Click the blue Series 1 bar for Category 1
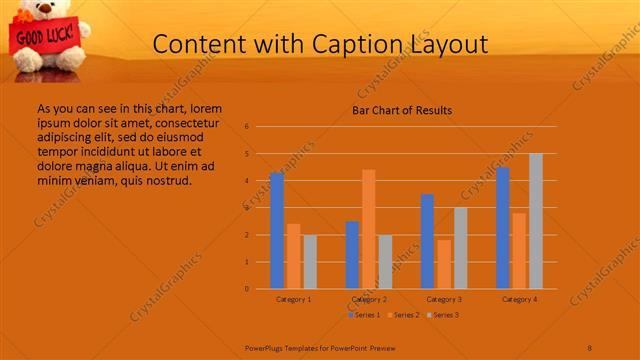pos(277,231)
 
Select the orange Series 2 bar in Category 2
pos(368,229)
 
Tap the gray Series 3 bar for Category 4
pos(536,221)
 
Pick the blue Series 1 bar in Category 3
pos(427,241)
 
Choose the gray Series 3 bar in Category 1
pos(310,262)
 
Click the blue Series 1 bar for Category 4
pos(502,228)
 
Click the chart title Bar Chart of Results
pos(402,110)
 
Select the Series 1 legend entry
pos(367,315)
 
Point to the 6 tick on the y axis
pos(246,127)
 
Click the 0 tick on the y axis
pos(246,289)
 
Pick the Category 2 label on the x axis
pos(369,299)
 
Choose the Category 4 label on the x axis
pos(519,299)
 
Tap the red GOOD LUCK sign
pos(37,37)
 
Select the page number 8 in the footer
pos(590,347)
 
